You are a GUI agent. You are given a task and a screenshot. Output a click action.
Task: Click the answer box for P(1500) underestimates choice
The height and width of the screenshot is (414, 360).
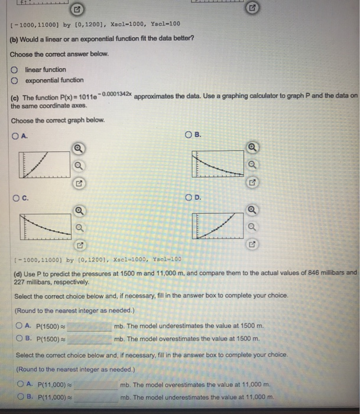coord(92,326)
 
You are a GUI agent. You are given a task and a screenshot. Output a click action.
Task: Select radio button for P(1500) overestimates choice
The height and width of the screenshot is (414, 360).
coord(20,338)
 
